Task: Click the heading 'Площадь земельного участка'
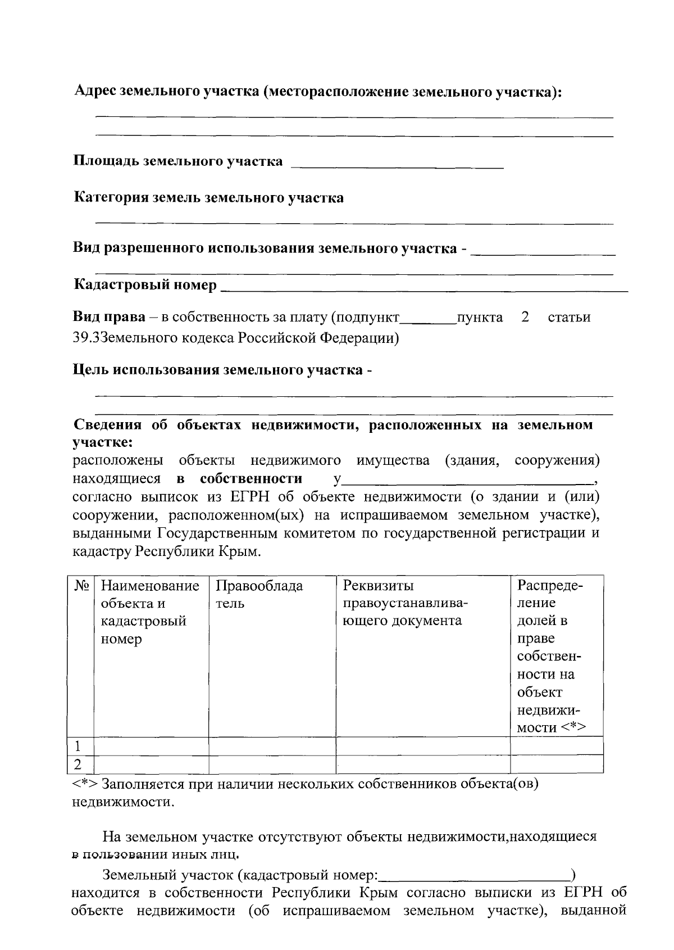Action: click(x=178, y=161)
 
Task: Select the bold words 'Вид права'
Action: click(x=109, y=317)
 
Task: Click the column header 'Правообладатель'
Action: click(x=259, y=595)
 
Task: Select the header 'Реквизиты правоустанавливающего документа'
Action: click(x=405, y=603)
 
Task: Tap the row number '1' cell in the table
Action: click(x=79, y=747)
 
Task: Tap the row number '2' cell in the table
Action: click(x=79, y=764)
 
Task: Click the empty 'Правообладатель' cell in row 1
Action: click(x=272, y=747)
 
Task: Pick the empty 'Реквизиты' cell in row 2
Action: click(x=422, y=764)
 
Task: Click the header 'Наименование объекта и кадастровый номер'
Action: click(x=150, y=612)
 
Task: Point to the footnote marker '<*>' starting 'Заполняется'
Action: click(x=86, y=784)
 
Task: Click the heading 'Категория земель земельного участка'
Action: click(x=209, y=198)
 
